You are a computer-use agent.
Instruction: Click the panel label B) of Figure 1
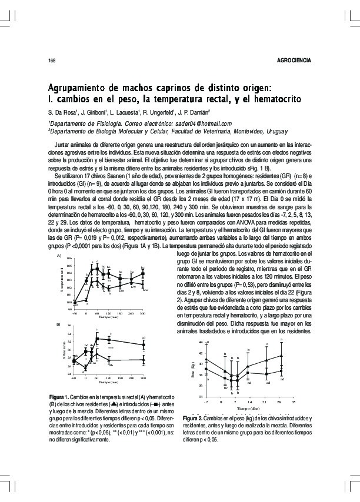[58, 324]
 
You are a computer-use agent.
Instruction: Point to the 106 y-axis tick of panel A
[70, 259]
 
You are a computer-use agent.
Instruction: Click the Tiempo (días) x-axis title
[249, 409]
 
